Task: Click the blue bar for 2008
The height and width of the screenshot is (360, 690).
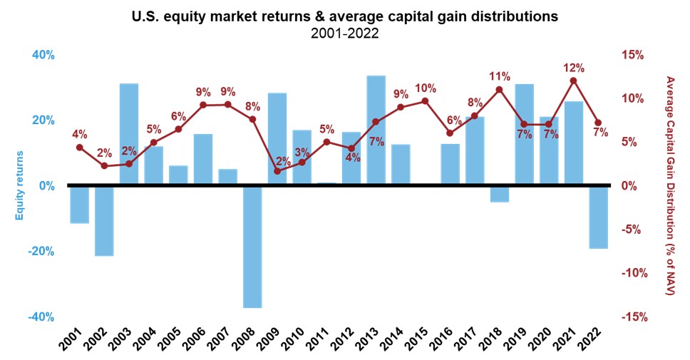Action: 252,246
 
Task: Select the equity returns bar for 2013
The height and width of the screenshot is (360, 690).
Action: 376,130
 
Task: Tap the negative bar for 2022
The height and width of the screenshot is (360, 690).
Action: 599,217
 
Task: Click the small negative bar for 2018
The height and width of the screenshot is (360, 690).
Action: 500,193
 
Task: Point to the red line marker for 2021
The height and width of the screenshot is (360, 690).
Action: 574,81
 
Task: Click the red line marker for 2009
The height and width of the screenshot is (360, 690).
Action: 277,171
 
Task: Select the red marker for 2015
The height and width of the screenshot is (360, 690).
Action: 426,101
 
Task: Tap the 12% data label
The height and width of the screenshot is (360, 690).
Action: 573,68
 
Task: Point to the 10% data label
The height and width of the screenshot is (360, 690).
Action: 426,88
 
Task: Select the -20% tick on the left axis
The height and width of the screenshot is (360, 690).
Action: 41,252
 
